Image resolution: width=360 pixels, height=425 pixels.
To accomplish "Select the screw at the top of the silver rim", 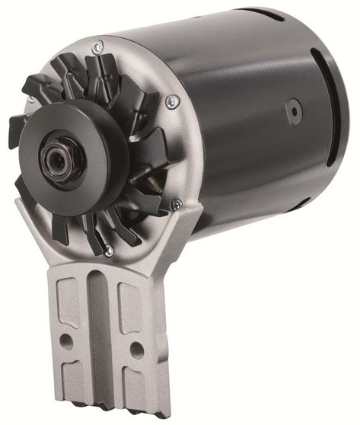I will [97, 47].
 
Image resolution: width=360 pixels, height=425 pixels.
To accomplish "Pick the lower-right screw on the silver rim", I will [176, 203].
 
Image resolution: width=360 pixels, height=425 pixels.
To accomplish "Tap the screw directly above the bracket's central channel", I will [109, 251].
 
